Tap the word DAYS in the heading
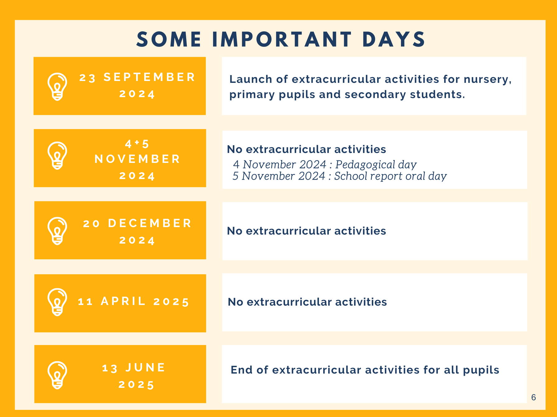pos(394,39)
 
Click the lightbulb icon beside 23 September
pos(57,87)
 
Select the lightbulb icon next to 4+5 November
pos(57,155)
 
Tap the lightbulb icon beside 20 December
pos(57,231)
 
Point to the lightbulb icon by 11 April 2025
pos(57,302)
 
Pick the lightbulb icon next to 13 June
pos(57,375)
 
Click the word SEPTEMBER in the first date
pos(149,77)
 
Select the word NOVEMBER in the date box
pos(137,159)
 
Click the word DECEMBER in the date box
pos(150,223)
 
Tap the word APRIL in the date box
pos(123,301)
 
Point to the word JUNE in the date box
pos(145,368)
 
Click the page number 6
pos(534,397)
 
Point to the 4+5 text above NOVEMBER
pos(137,144)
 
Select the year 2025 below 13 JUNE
pos(136,385)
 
